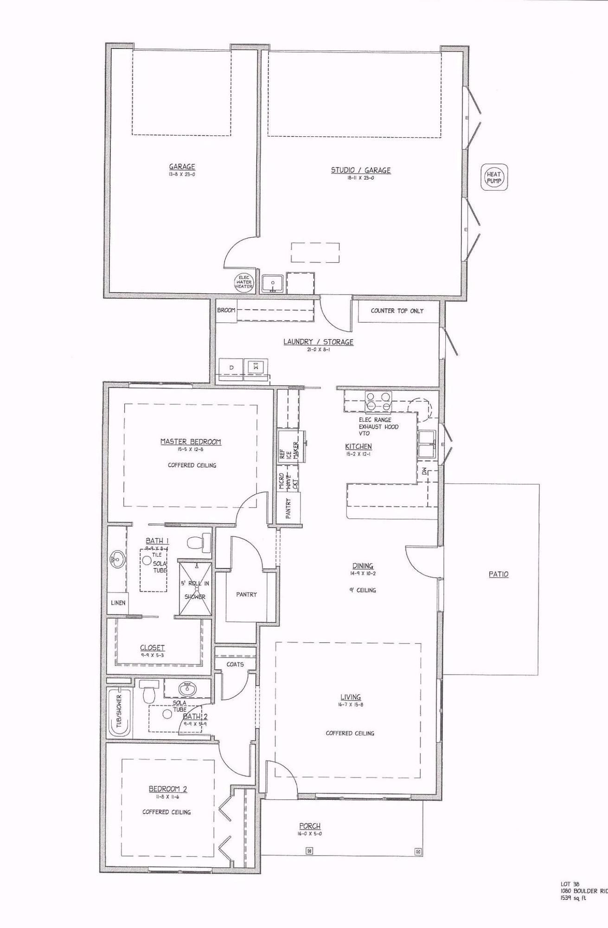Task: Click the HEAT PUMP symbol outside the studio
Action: [494, 177]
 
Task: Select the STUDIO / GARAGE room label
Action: [360, 170]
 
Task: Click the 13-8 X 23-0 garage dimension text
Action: [182, 174]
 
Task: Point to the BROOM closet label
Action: [226, 310]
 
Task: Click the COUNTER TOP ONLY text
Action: [397, 310]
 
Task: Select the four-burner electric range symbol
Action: [378, 401]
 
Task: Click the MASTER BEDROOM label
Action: [191, 442]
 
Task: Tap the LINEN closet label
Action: [118, 603]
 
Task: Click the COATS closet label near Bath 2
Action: [235, 664]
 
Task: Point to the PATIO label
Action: [499, 574]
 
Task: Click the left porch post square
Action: [310, 851]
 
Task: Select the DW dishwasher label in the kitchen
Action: [424, 471]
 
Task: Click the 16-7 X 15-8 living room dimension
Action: [351, 704]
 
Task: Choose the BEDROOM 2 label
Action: [168, 789]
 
